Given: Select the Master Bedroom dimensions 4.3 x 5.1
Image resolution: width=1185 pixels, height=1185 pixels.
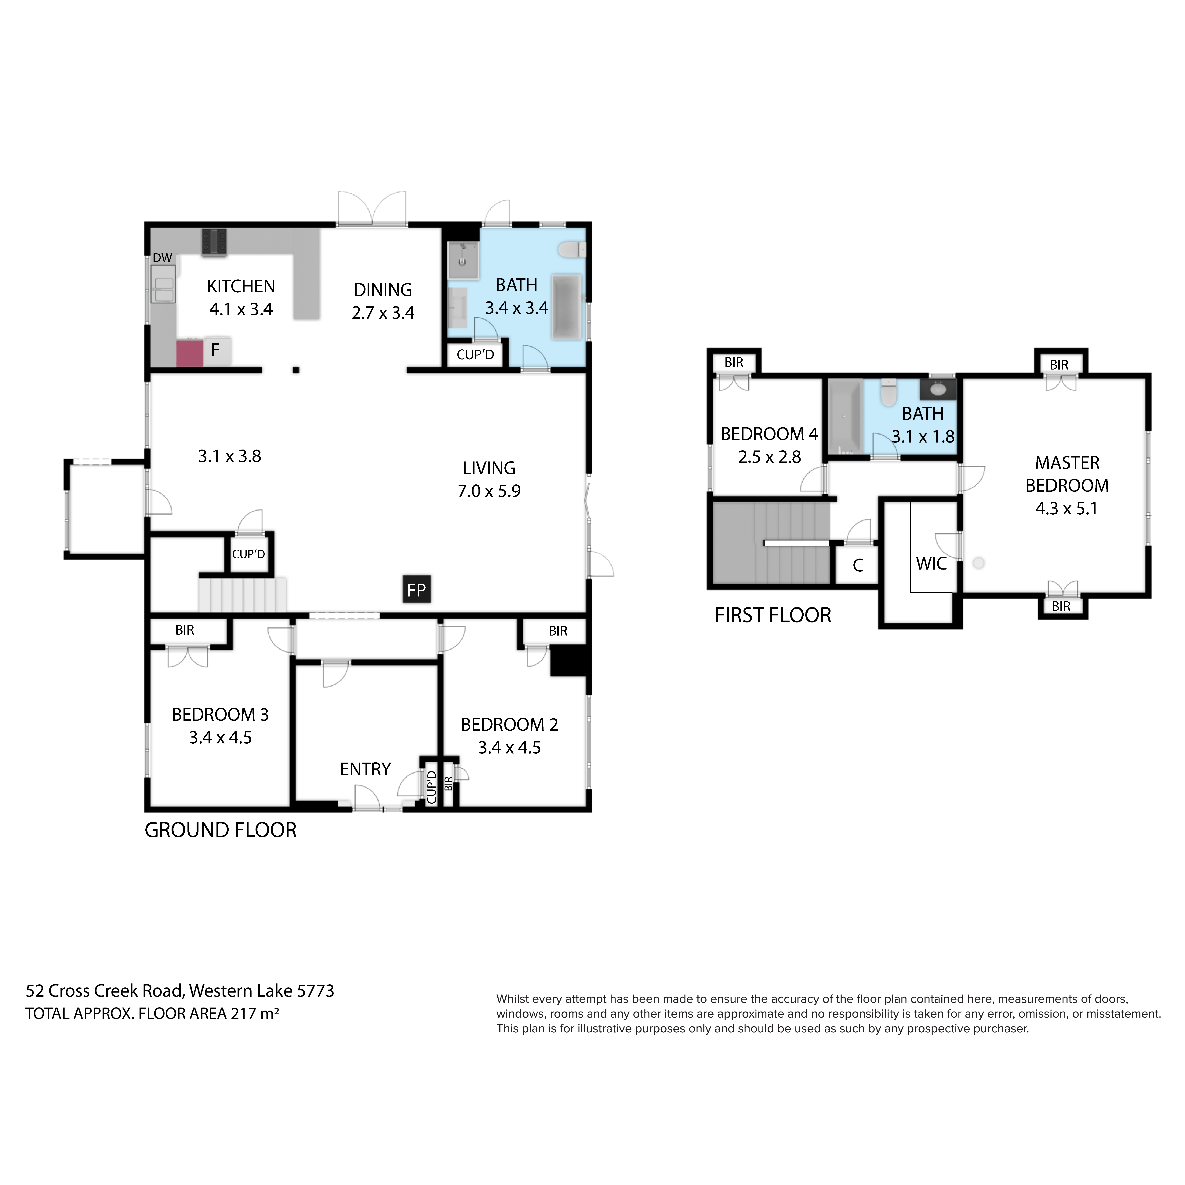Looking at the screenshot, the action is [x=1067, y=509].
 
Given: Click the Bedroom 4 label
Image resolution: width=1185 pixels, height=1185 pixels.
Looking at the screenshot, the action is [x=769, y=434].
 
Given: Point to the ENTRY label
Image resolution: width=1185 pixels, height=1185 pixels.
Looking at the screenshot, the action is [x=365, y=769].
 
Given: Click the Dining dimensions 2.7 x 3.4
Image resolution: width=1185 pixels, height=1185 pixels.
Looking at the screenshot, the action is [x=383, y=313].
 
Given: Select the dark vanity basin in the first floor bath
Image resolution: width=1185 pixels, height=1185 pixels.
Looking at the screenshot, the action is [x=938, y=389].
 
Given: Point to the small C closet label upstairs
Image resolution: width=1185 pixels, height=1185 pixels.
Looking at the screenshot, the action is [x=858, y=566].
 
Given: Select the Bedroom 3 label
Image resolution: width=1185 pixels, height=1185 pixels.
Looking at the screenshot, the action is [x=220, y=715].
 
